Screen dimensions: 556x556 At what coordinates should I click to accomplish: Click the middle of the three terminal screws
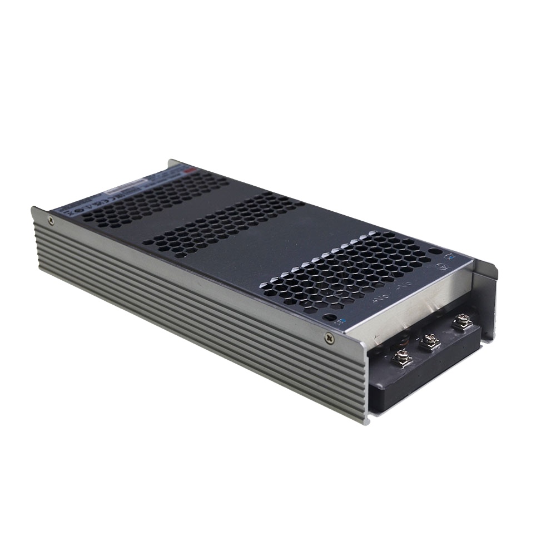pyautogui.click(x=429, y=341)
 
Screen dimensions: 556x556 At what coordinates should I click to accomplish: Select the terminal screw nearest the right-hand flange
pyautogui.click(x=461, y=321)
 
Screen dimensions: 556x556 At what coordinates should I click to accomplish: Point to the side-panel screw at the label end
pyautogui.click(x=51, y=221)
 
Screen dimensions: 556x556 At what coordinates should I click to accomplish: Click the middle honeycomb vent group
pyautogui.click(x=228, y=225)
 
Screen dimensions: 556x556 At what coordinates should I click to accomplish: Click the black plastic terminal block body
pyautogui.click(x=423, y=378)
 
